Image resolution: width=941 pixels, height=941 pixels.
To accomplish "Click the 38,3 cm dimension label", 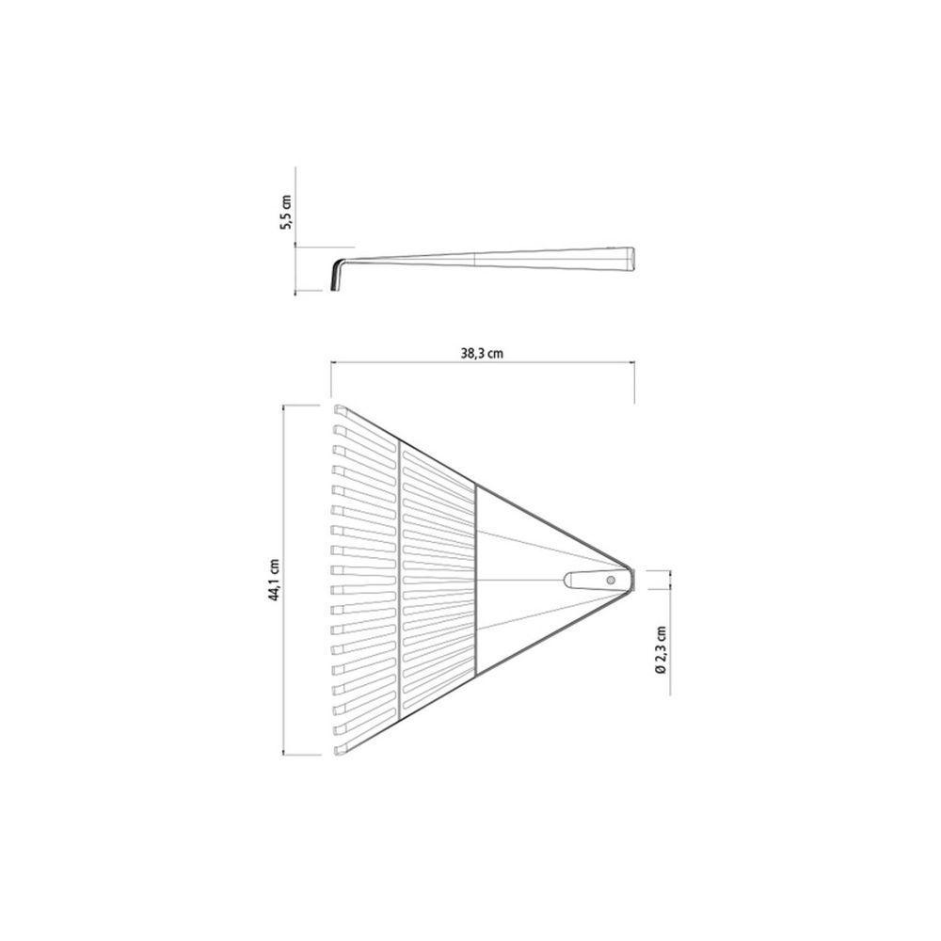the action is tap(482, 354).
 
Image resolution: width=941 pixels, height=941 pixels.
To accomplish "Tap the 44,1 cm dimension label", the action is tap(275, 580).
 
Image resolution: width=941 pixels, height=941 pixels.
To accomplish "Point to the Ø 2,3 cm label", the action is tap(662, 650).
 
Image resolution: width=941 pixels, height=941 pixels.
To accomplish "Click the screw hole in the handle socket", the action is tap(611, 580).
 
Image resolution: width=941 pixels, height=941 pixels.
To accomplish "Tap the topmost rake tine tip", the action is tap(340, 411).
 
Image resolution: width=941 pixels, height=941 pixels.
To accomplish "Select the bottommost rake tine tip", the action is tap(340, 749).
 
